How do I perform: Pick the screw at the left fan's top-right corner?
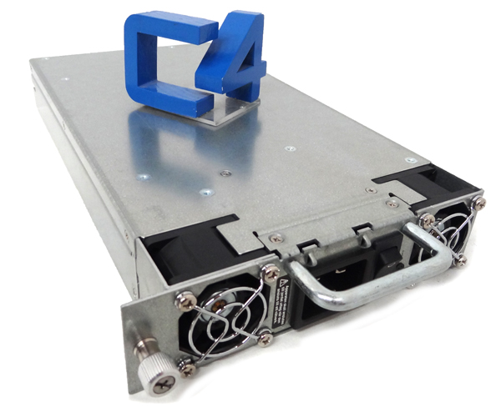pyautogui.click(x=269, y=272)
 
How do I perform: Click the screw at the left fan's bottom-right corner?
pyautogui.click(x=265, y=338)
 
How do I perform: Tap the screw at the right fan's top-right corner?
pyautogui.click(x=478, y=202)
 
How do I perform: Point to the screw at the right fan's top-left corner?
pyautogui.click(x=428, y=220)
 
